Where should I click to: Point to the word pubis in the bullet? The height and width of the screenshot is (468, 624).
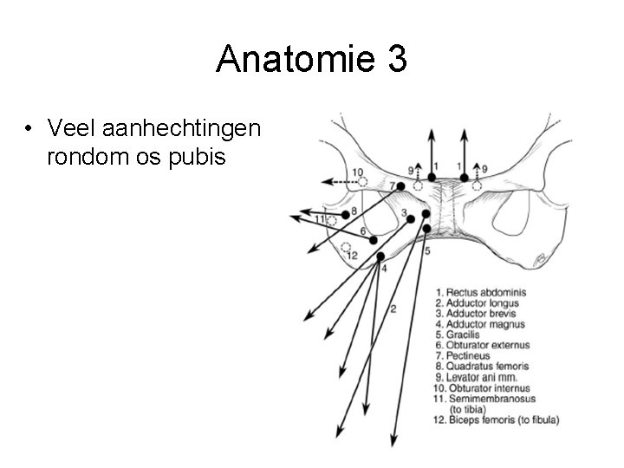[200, 158]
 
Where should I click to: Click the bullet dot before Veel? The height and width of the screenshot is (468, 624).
[30, 130]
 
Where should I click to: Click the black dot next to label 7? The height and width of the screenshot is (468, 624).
[400, 186]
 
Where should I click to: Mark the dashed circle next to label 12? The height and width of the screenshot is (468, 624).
[346, 247]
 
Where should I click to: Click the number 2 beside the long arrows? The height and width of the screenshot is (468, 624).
[393, 308]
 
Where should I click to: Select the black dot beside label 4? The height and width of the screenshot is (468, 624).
[381, 256]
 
